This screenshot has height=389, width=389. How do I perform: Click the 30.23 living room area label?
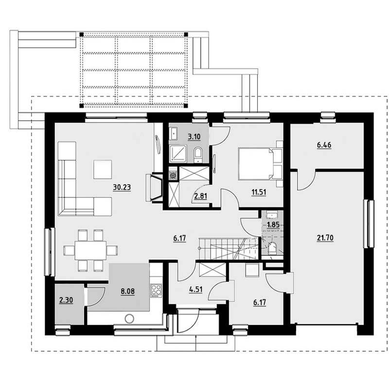click(122, 187)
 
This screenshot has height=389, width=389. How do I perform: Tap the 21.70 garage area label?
click(325, 238)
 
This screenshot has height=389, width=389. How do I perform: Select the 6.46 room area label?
click(324, 145)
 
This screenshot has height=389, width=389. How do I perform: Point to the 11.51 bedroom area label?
click(259, 192)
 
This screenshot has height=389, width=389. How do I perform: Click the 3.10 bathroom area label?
click(194, 137)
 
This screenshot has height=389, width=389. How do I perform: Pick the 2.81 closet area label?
click(200, 196)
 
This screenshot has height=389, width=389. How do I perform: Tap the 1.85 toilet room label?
click(273, 225)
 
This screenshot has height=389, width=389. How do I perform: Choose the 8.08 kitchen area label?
click(128, 291)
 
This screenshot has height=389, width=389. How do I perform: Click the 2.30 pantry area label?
click(66, 301)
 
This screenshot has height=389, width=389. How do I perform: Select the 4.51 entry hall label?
click(196, 289)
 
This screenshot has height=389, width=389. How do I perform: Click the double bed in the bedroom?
click(256, 164)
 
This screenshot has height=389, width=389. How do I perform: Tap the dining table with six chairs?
click(90, 250)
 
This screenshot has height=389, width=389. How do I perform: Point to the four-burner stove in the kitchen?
click(156, 291)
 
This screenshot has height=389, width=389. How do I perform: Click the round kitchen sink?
click(129, 319)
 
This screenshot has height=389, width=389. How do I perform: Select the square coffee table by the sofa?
click(103, 169)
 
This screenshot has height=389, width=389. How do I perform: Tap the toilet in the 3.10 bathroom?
click(198, 155)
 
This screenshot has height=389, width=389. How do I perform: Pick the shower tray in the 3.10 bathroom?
click(178, 154)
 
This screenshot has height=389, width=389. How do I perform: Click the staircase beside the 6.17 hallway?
click(229, 249)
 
